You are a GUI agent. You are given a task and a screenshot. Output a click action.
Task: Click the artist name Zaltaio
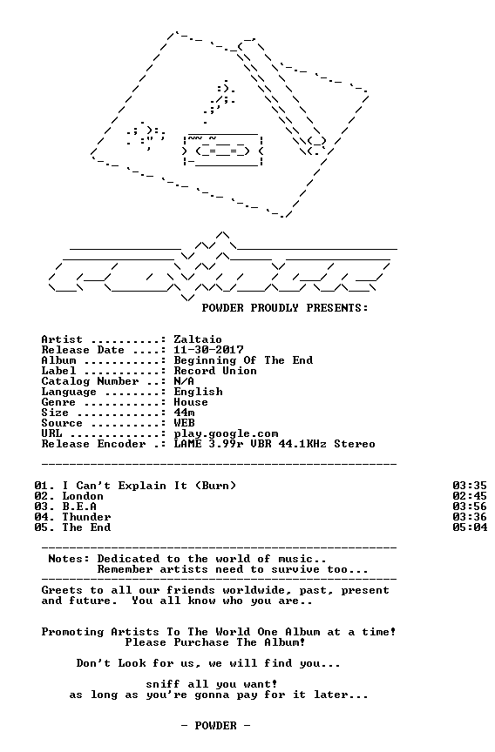point(198,339)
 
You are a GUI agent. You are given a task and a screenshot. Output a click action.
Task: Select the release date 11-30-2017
point(208,350)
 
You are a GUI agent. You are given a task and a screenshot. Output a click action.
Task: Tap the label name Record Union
point(215,371)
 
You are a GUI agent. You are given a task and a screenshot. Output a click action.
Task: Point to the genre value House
point(191,402)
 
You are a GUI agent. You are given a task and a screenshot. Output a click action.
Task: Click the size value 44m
point(185,413)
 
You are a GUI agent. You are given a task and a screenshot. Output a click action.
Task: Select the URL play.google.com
point(226,434)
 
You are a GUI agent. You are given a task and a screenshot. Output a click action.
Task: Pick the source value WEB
point(185,423)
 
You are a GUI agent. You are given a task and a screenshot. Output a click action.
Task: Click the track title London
point(83,496)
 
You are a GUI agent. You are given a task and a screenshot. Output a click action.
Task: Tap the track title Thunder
point(86,517)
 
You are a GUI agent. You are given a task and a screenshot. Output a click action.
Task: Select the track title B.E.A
point(79,507)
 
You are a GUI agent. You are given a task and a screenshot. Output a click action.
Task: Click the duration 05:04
point(470,527)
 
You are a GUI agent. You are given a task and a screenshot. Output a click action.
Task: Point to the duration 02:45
point(470,496)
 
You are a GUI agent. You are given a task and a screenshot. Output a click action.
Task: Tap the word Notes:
point(69,559)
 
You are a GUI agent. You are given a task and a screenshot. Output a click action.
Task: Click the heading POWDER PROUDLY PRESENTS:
point(285,308)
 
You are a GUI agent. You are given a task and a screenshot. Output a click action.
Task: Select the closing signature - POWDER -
point(215,726)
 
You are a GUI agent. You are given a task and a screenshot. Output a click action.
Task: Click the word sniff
point(163,684)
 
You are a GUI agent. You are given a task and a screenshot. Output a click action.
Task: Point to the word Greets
point(62,590)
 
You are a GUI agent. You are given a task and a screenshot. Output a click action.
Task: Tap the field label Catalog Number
point(90,381)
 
